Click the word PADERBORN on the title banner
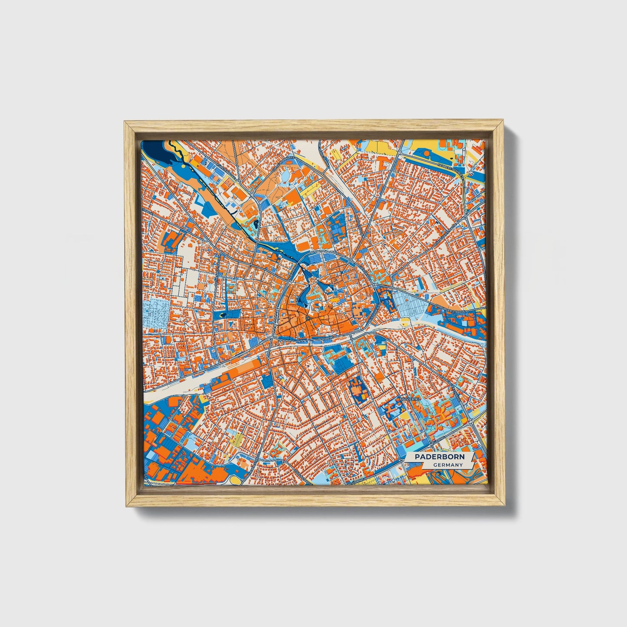[439, 457]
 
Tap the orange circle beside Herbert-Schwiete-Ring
[427, 153]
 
